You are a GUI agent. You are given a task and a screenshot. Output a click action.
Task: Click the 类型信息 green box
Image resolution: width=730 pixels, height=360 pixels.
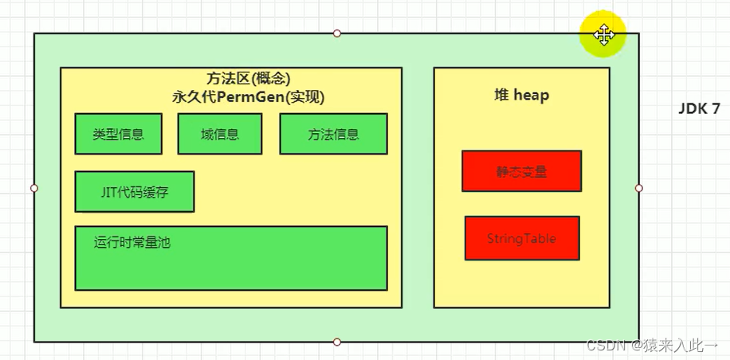point(118,134)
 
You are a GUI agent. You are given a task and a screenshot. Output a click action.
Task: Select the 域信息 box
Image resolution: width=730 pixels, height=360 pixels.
point(220,134)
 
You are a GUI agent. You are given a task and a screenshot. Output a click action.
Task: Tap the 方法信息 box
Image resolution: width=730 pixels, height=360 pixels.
point(333,134)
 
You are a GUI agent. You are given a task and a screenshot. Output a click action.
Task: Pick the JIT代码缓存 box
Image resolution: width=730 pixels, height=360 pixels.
point(134,192)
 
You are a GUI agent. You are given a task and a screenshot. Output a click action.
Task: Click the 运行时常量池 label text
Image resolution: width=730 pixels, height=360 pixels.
point(131,243)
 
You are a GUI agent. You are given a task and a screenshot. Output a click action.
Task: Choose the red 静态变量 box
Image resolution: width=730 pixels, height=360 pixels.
point(521,171)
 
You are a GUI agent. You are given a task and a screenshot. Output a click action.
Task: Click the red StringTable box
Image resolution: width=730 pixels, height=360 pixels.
point(521,238)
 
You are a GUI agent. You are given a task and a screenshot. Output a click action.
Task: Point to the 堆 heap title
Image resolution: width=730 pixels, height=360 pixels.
point(521,96)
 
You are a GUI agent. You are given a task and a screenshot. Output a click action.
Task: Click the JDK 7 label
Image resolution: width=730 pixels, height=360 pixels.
point(699,109)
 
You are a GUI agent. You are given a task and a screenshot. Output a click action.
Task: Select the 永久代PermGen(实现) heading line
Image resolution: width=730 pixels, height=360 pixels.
point(248,97)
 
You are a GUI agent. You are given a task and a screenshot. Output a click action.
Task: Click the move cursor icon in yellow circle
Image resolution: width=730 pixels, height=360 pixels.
point(603,34)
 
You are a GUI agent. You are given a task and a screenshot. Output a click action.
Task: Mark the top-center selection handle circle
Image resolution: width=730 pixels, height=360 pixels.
point(337,33)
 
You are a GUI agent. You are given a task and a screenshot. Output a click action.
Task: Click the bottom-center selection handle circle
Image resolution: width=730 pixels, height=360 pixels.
point(337,342)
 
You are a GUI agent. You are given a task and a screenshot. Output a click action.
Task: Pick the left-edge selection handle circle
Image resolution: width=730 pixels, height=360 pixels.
point(33,188)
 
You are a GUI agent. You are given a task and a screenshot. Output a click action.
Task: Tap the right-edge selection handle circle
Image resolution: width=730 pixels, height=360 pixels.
point(639,188)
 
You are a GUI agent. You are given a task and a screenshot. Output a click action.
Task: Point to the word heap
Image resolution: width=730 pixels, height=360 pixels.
point(532,96)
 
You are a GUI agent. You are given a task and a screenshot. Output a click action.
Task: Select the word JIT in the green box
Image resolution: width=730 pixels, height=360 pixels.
point(110,192)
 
